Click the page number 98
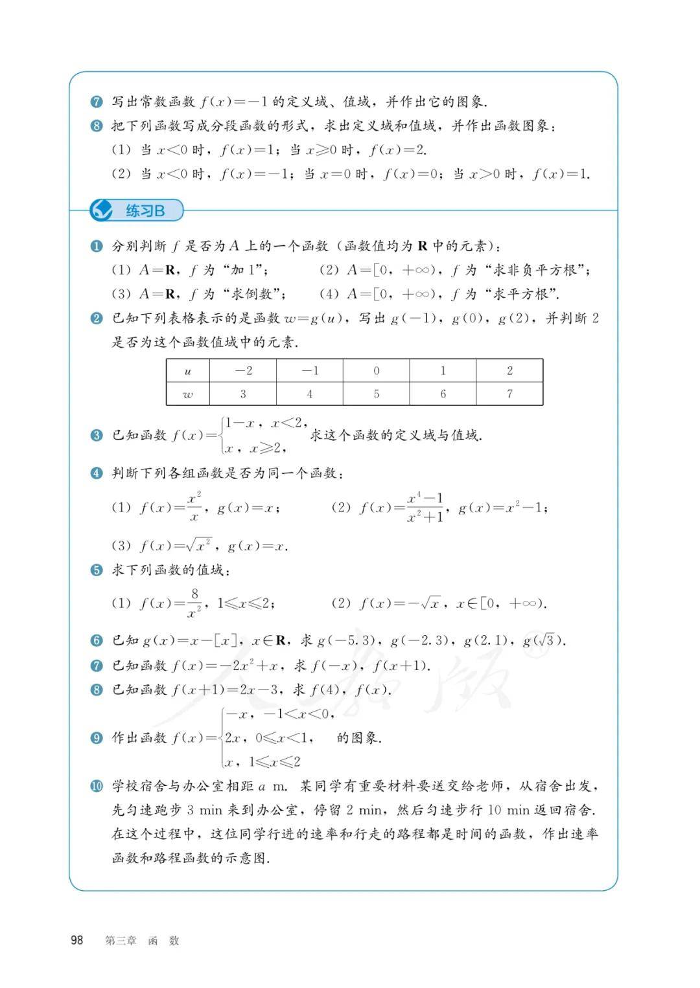[x=76, y=940]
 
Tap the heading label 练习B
[x=145, y=210]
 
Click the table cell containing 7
[x=509, y=394]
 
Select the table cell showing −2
[x=243, y=370]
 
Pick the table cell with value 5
[x=376, y=394]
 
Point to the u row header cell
[x=188, y=370]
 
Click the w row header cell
[x=188, y=394]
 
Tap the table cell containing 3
[x=243, y=394]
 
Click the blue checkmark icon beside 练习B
[x=101, y=210]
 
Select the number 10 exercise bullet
[x=97, y=786]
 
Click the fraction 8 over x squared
[x=194, y=603]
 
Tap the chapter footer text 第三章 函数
[x=142, y=941]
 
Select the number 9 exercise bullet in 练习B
[x=97, y=737]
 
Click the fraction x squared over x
[x=194, y=507]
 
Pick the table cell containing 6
[x=443, y=394]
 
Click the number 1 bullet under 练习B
[x=97, y=246]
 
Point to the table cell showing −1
[x=310, y=370]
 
